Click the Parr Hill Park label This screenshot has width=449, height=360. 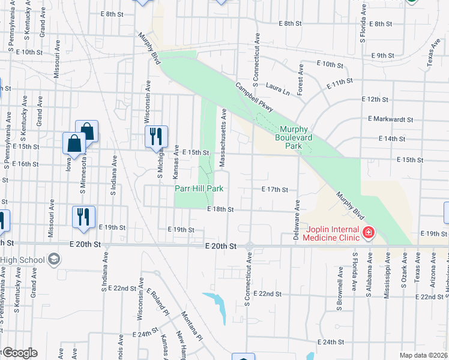[199, 188]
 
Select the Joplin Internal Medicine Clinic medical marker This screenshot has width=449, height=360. [367, 232]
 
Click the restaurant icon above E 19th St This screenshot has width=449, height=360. [83, 217]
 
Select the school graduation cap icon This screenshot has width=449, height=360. [53, 259]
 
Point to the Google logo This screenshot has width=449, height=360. [19, 353]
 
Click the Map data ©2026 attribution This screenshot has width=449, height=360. [423, 355]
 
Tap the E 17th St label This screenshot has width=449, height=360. [275, 190]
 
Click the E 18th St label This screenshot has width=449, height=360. [220, 209]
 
